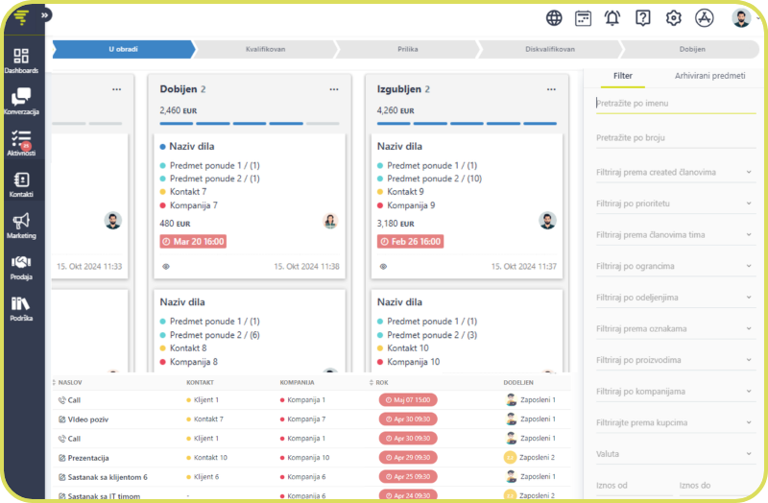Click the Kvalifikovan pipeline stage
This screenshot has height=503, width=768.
265,49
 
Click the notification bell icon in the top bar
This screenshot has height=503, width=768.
612,17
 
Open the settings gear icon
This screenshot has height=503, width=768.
673,17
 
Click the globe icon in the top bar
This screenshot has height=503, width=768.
554,17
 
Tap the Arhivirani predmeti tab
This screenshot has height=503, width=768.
708,75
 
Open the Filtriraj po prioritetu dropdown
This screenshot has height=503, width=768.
673,204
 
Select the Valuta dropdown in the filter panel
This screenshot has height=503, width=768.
673,453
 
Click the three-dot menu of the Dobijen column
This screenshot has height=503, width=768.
334,89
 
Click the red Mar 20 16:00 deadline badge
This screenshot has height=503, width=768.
193,242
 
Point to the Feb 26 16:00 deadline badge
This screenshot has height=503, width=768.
410,242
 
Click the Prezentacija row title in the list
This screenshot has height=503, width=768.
88,458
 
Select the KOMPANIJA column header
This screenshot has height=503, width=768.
298,382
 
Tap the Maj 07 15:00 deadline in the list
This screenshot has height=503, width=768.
408,399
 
